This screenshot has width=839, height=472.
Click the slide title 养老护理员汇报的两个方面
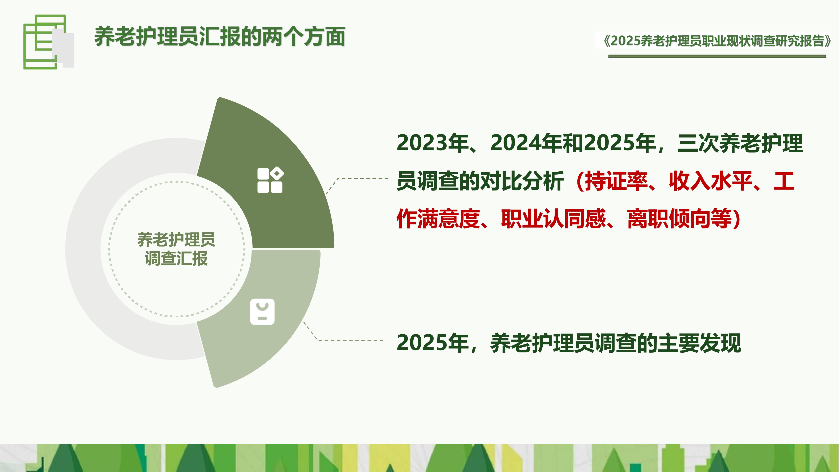click(220, 37)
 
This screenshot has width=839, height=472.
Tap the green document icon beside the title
click(46, 42)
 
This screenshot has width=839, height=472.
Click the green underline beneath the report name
click(717, 56)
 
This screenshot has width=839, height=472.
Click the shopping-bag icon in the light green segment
click(262, 312)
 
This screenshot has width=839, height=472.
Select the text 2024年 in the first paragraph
click(526, 143)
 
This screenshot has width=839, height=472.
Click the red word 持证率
click(616, 181)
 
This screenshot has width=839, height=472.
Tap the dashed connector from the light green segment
click(348, 340)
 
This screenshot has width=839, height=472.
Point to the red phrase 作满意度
click(438, 219)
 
